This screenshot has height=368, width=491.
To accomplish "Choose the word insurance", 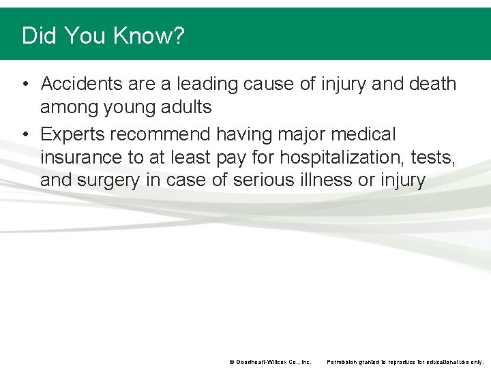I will pyautogui.click(x=81, y=157).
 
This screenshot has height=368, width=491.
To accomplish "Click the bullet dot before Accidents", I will pyautogui.click(x=25, y=85).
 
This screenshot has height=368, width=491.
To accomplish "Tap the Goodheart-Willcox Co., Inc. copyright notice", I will pyautogui.click(x=270, y=361).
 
